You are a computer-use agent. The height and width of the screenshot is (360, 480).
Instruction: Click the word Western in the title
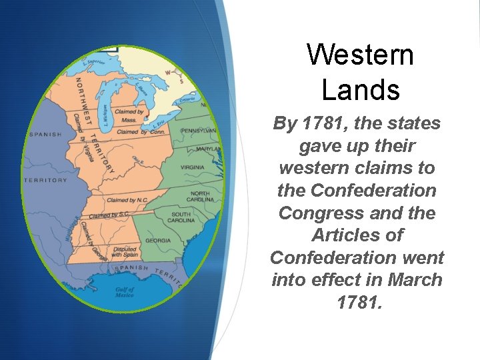360,55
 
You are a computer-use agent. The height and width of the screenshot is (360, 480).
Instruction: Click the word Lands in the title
360,89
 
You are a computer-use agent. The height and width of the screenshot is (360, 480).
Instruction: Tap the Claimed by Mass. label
129,115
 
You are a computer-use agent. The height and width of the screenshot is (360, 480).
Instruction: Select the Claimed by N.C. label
127,200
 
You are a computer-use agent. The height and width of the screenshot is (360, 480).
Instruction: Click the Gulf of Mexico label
125,292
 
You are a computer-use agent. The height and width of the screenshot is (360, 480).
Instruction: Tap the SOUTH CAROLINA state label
181,217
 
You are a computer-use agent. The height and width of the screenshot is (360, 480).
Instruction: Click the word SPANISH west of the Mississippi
45,134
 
